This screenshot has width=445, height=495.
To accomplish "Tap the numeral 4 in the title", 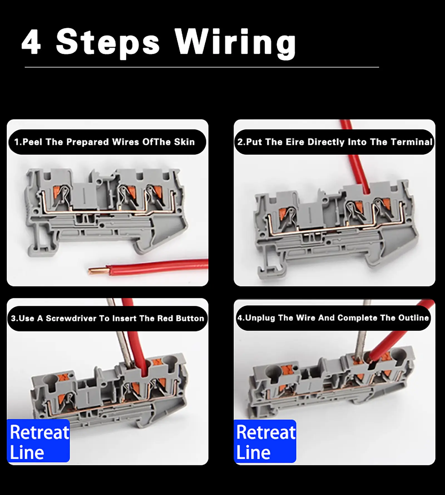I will click(x=31, y=42).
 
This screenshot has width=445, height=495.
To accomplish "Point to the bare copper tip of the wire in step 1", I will click(x=97, y=270).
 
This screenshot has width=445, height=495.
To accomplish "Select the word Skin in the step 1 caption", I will click(x=184, y=142).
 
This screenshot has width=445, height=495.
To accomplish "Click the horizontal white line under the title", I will click(x=202, y=67).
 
